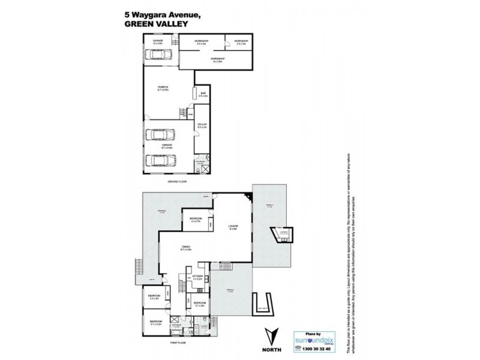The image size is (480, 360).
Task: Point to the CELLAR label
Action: click(x=202, y=125)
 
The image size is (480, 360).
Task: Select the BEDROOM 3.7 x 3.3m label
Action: click(x=155, y=323)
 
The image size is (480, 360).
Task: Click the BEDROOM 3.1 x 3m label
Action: click(x=199, y=304)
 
